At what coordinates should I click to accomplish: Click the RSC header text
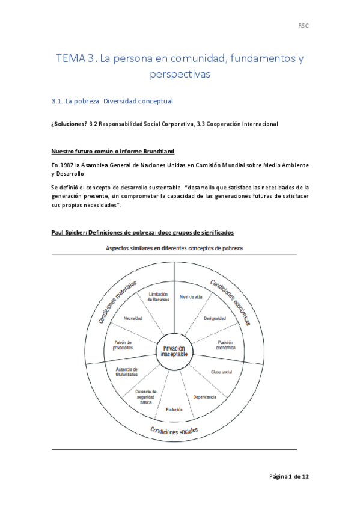click(x=304, y=26)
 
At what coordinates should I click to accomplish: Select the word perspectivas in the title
click(x=180, y=76)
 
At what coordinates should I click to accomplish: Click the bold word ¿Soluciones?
click(x=69, y=124)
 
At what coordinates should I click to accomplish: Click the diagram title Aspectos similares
click(x=135, y=247)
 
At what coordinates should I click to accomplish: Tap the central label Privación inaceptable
click(x=174, y=352)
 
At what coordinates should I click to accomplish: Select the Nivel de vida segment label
click(x=192, y=296)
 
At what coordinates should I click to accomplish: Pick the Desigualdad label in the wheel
click(x=214, y=318)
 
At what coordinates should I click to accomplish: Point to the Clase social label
click(x=221, y=372)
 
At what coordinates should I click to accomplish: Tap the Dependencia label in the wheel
click(x=205, y=397)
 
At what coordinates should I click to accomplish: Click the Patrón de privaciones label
click(x=123, y=345)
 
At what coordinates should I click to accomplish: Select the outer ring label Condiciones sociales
click(x=174, y=431)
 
